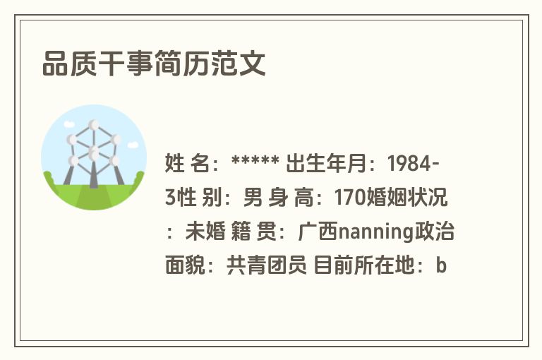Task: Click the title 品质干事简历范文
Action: (x=154, y=64)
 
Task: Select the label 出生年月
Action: (x=335, y=164)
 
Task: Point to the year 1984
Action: (x=410, y=164)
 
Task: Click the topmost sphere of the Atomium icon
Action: (x=94, y=125)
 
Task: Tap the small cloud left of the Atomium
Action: (x=69, y=124)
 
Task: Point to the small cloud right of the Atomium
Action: (x=133, y=145)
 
